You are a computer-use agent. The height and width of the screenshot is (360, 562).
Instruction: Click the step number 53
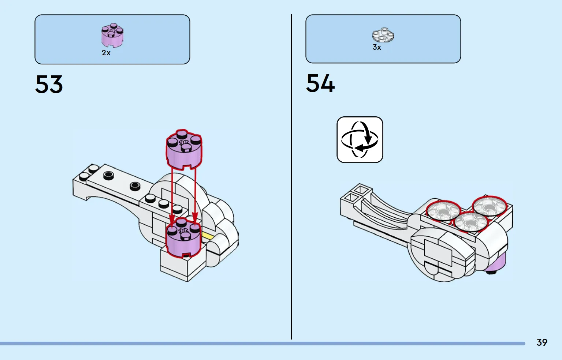[x=49, y=85]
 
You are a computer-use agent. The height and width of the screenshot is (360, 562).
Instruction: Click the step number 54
[x=320, y=83]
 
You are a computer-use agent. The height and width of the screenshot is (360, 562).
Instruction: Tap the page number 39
[x=541, y=342]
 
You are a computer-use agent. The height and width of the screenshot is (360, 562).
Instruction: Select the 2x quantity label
[x=106, y=53]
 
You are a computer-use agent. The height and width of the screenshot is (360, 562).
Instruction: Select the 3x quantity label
[x=377, y=48]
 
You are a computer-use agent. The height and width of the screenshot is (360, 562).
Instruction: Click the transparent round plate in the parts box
[x=383, y=35]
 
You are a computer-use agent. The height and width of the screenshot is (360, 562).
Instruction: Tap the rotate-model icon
[x=360, y=140]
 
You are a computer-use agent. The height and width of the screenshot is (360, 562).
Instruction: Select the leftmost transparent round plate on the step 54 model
[x=443, y=211]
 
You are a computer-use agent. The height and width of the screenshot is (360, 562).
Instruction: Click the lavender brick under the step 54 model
[x=498, y=262]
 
